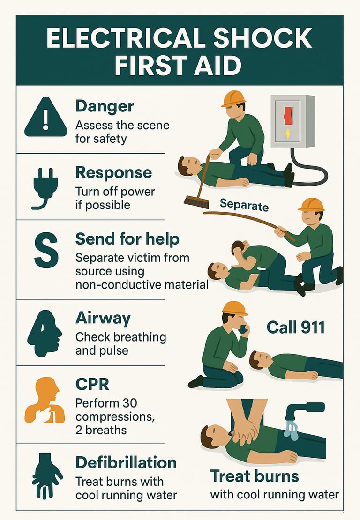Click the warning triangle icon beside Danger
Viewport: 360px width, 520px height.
coord(46,117)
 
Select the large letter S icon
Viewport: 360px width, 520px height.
coord(46,250)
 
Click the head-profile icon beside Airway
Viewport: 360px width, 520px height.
coord(45,333)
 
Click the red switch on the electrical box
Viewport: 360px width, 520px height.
coord(288,115)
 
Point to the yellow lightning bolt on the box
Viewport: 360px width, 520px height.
coord(288,134)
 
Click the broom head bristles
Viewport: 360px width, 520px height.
coord(196,202)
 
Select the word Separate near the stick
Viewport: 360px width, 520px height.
coord(244,205)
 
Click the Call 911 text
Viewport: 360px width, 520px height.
coord(296,327)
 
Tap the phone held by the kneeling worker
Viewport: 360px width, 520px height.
coord(244,329)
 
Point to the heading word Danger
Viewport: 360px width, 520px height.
coord(105,106)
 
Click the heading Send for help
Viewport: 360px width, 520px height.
coord(127,239)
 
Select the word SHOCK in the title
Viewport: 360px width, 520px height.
coord(262,38)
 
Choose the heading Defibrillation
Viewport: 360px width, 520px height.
coord(126,462)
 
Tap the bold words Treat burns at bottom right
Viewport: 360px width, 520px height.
coord(255,476)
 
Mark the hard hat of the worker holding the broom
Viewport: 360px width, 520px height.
coord(234,98)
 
